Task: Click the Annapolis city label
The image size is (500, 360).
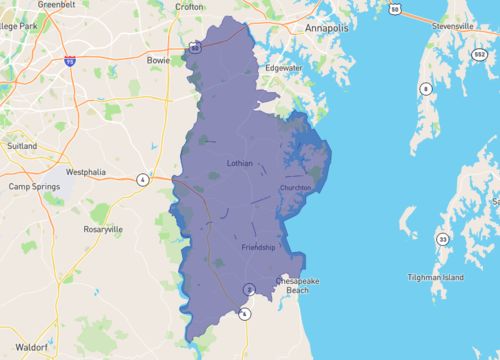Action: coord(327,29)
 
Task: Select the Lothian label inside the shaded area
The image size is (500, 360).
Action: coord(239,161)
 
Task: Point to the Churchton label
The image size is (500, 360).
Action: coord(296,187)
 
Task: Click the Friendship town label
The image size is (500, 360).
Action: coord(258,246)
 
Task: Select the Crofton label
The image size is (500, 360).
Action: coord(188,6)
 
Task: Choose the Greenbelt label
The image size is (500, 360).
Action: coord(57,5)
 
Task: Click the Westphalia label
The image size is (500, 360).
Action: coord(86,172)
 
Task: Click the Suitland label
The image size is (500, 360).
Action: coord(21,145)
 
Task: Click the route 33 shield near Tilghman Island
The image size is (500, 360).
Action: coord(441,239)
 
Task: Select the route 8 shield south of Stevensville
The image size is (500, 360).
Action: coord(425,88)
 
